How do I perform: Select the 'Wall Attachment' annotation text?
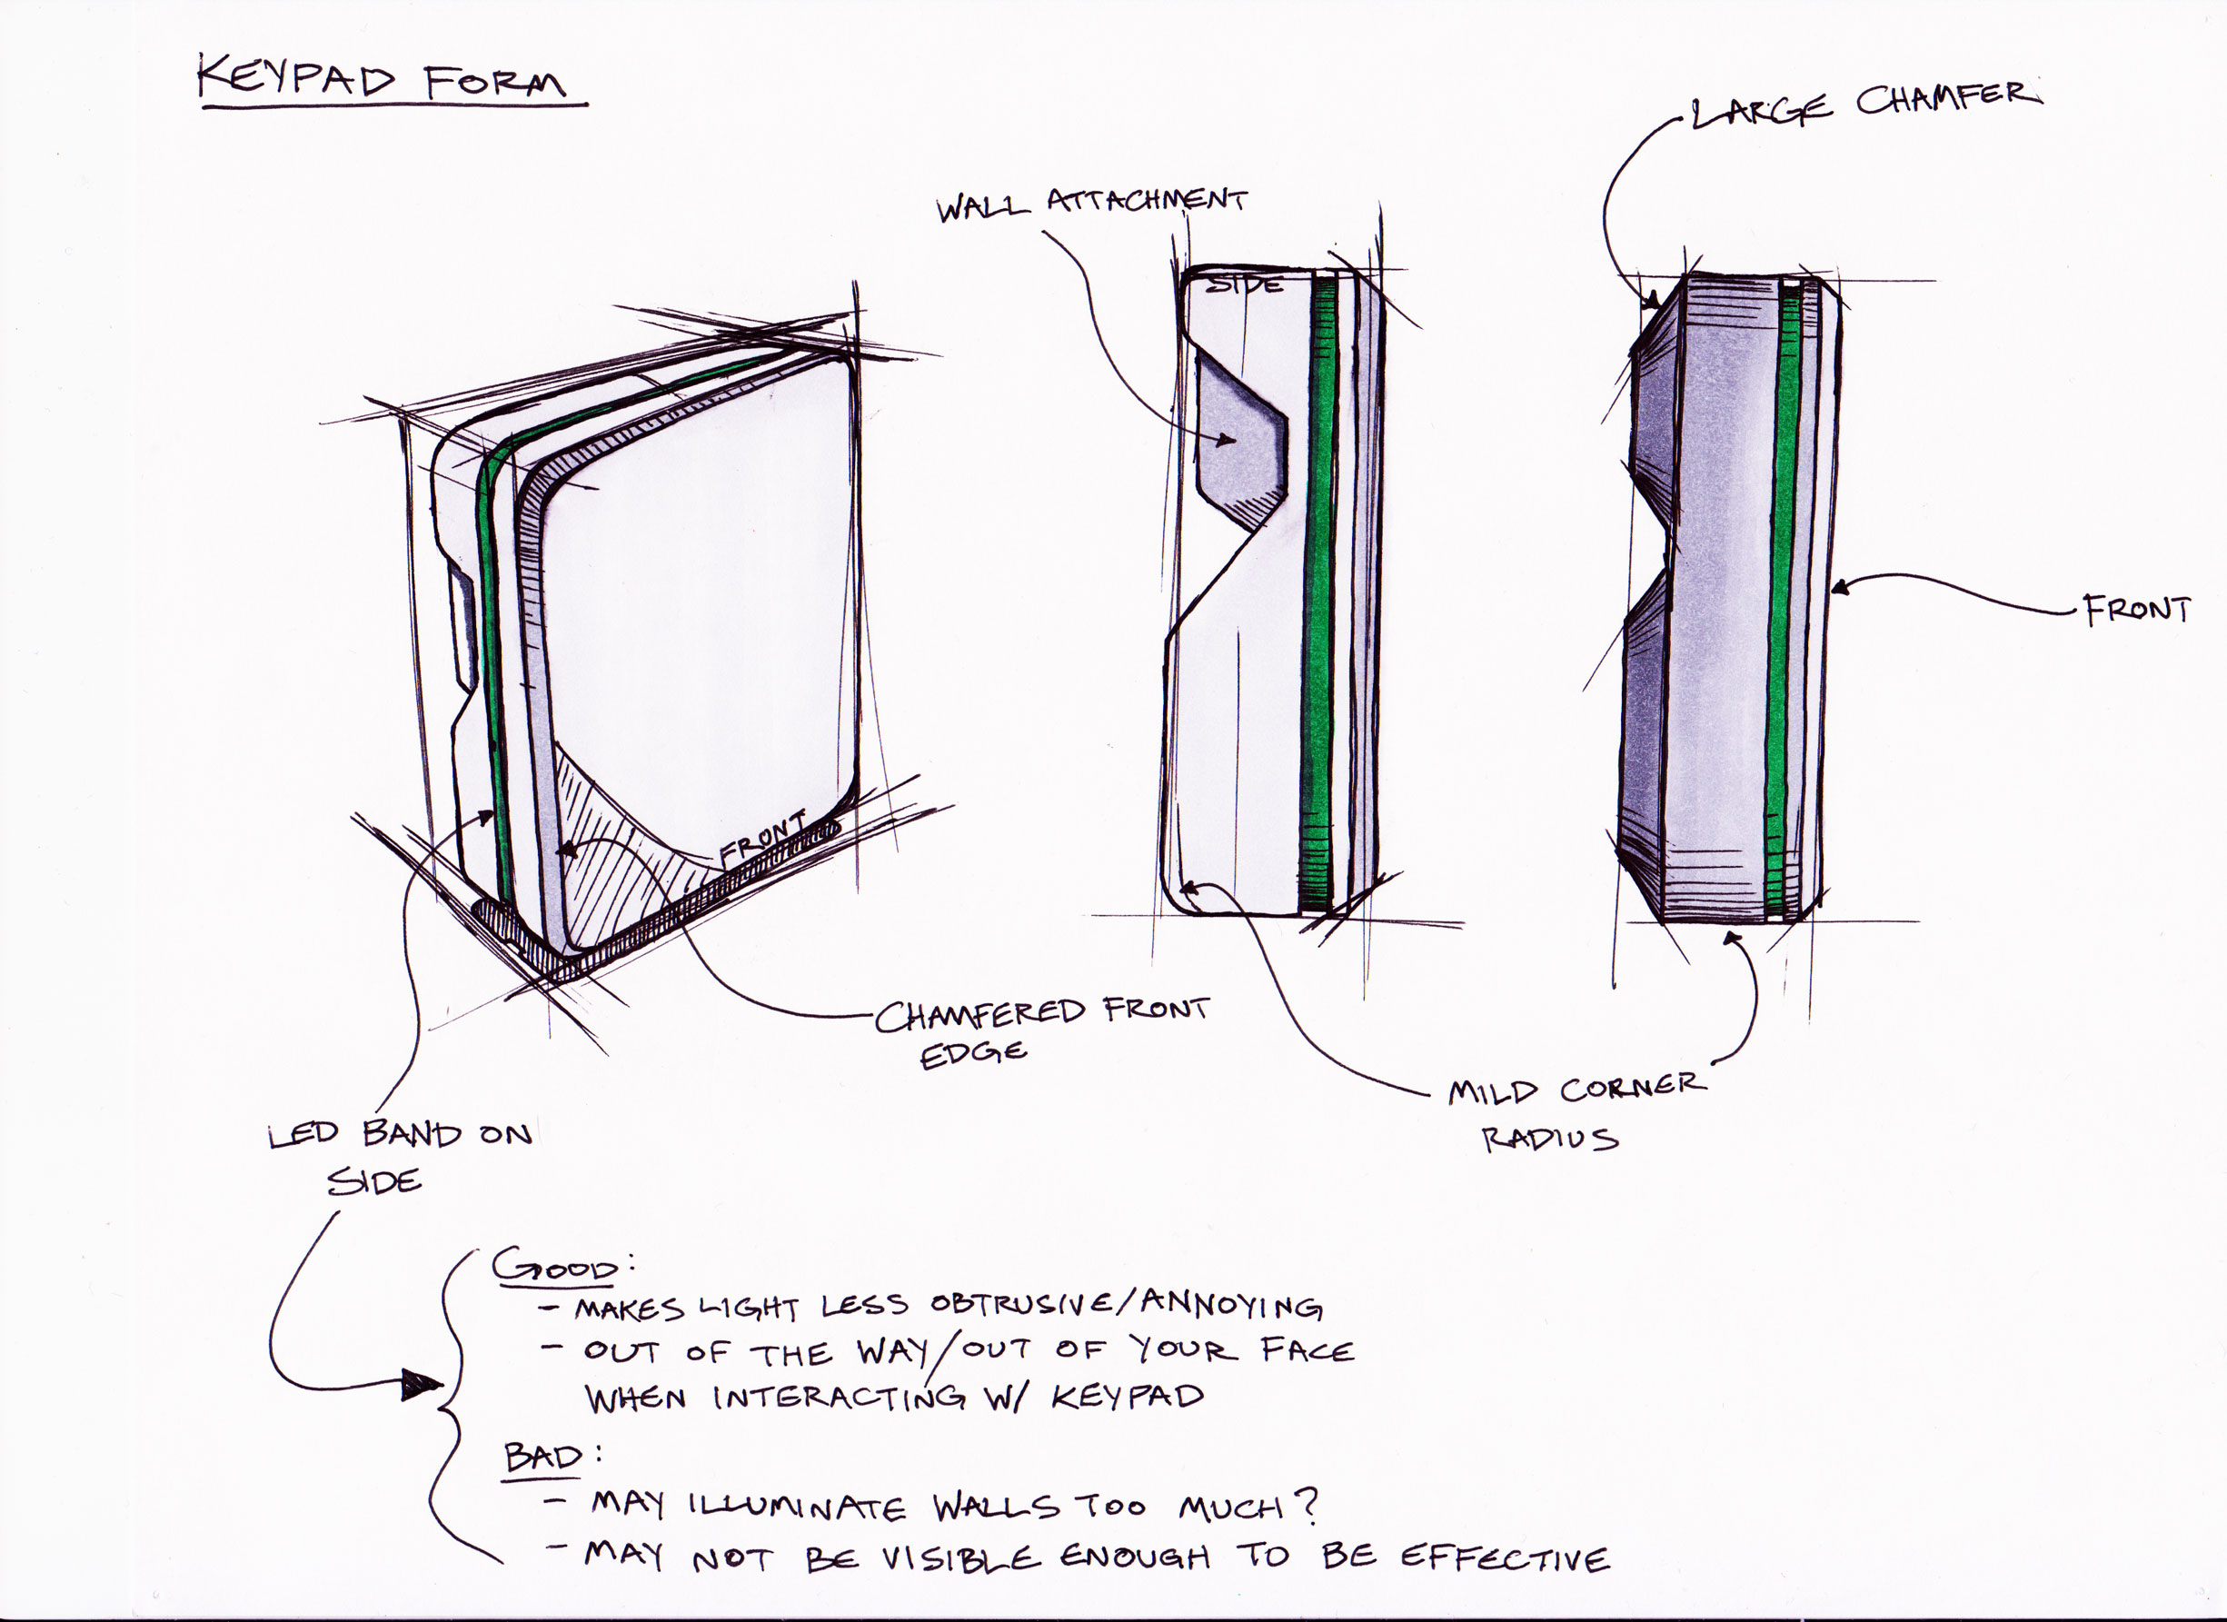point(1092,205)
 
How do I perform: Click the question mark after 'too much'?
point(1306,1505)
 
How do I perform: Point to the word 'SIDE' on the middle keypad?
point(1243,284)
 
